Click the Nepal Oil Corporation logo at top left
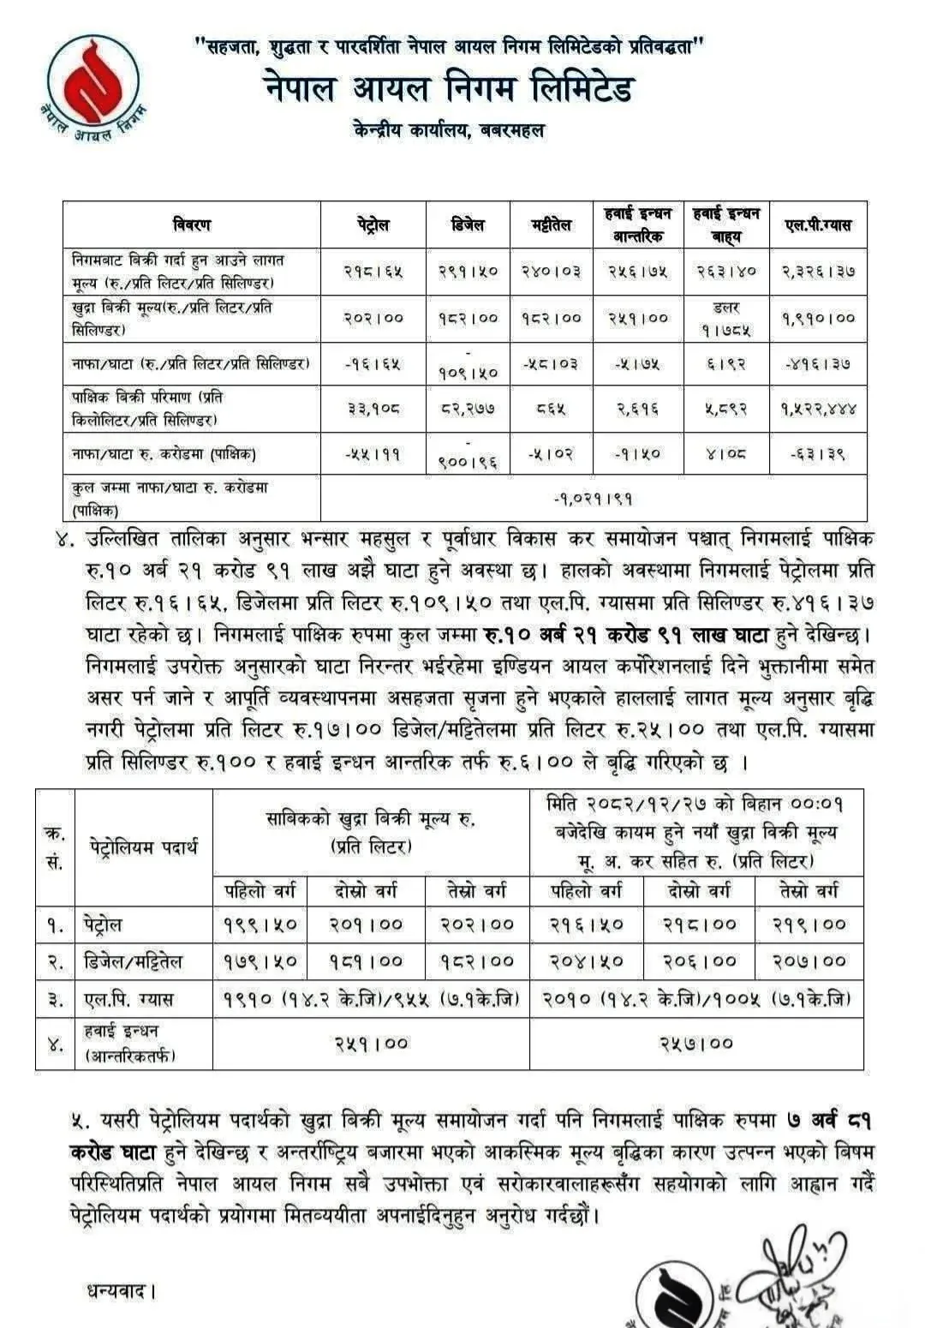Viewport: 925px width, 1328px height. (92, 87)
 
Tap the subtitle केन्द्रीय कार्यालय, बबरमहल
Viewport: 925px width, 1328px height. (448, 131)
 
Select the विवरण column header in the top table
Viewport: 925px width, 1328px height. (191, 224)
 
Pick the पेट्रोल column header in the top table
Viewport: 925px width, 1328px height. (373, 224)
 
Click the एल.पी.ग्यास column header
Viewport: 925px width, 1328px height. (817, 224)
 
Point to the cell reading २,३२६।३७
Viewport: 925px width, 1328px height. (818, 272)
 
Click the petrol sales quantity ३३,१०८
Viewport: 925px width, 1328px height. (373, 409)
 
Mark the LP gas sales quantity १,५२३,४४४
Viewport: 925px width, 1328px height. (818, 409)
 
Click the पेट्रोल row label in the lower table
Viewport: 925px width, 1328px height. (103, 924)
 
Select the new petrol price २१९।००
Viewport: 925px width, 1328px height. (809, 924)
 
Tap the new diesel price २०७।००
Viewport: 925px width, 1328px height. (809, 961)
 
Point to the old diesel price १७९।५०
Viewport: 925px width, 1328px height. (260, 961)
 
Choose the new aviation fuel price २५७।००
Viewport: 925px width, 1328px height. (695, 1043)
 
